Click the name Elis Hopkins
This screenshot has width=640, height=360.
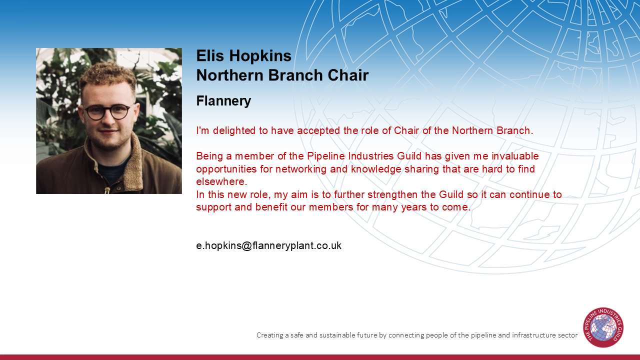pyautogui.click(x=243, y=56)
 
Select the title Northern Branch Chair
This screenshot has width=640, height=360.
pyautogui.click(x=282, y=75)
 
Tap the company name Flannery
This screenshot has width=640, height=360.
pyautogui.click(x=223, y=101)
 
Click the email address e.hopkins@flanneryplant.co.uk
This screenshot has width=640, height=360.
pyautogui.click(x=268, y=245)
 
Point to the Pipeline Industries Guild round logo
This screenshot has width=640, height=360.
pyautogui.click(x=603, y=327)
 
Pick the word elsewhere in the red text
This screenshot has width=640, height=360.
pyautogui.click(x=221, y=181)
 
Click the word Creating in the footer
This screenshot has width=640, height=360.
pyautogui.click(x=269, y=335)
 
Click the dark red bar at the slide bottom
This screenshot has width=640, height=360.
pyautogui.click(x=320, y=357)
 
